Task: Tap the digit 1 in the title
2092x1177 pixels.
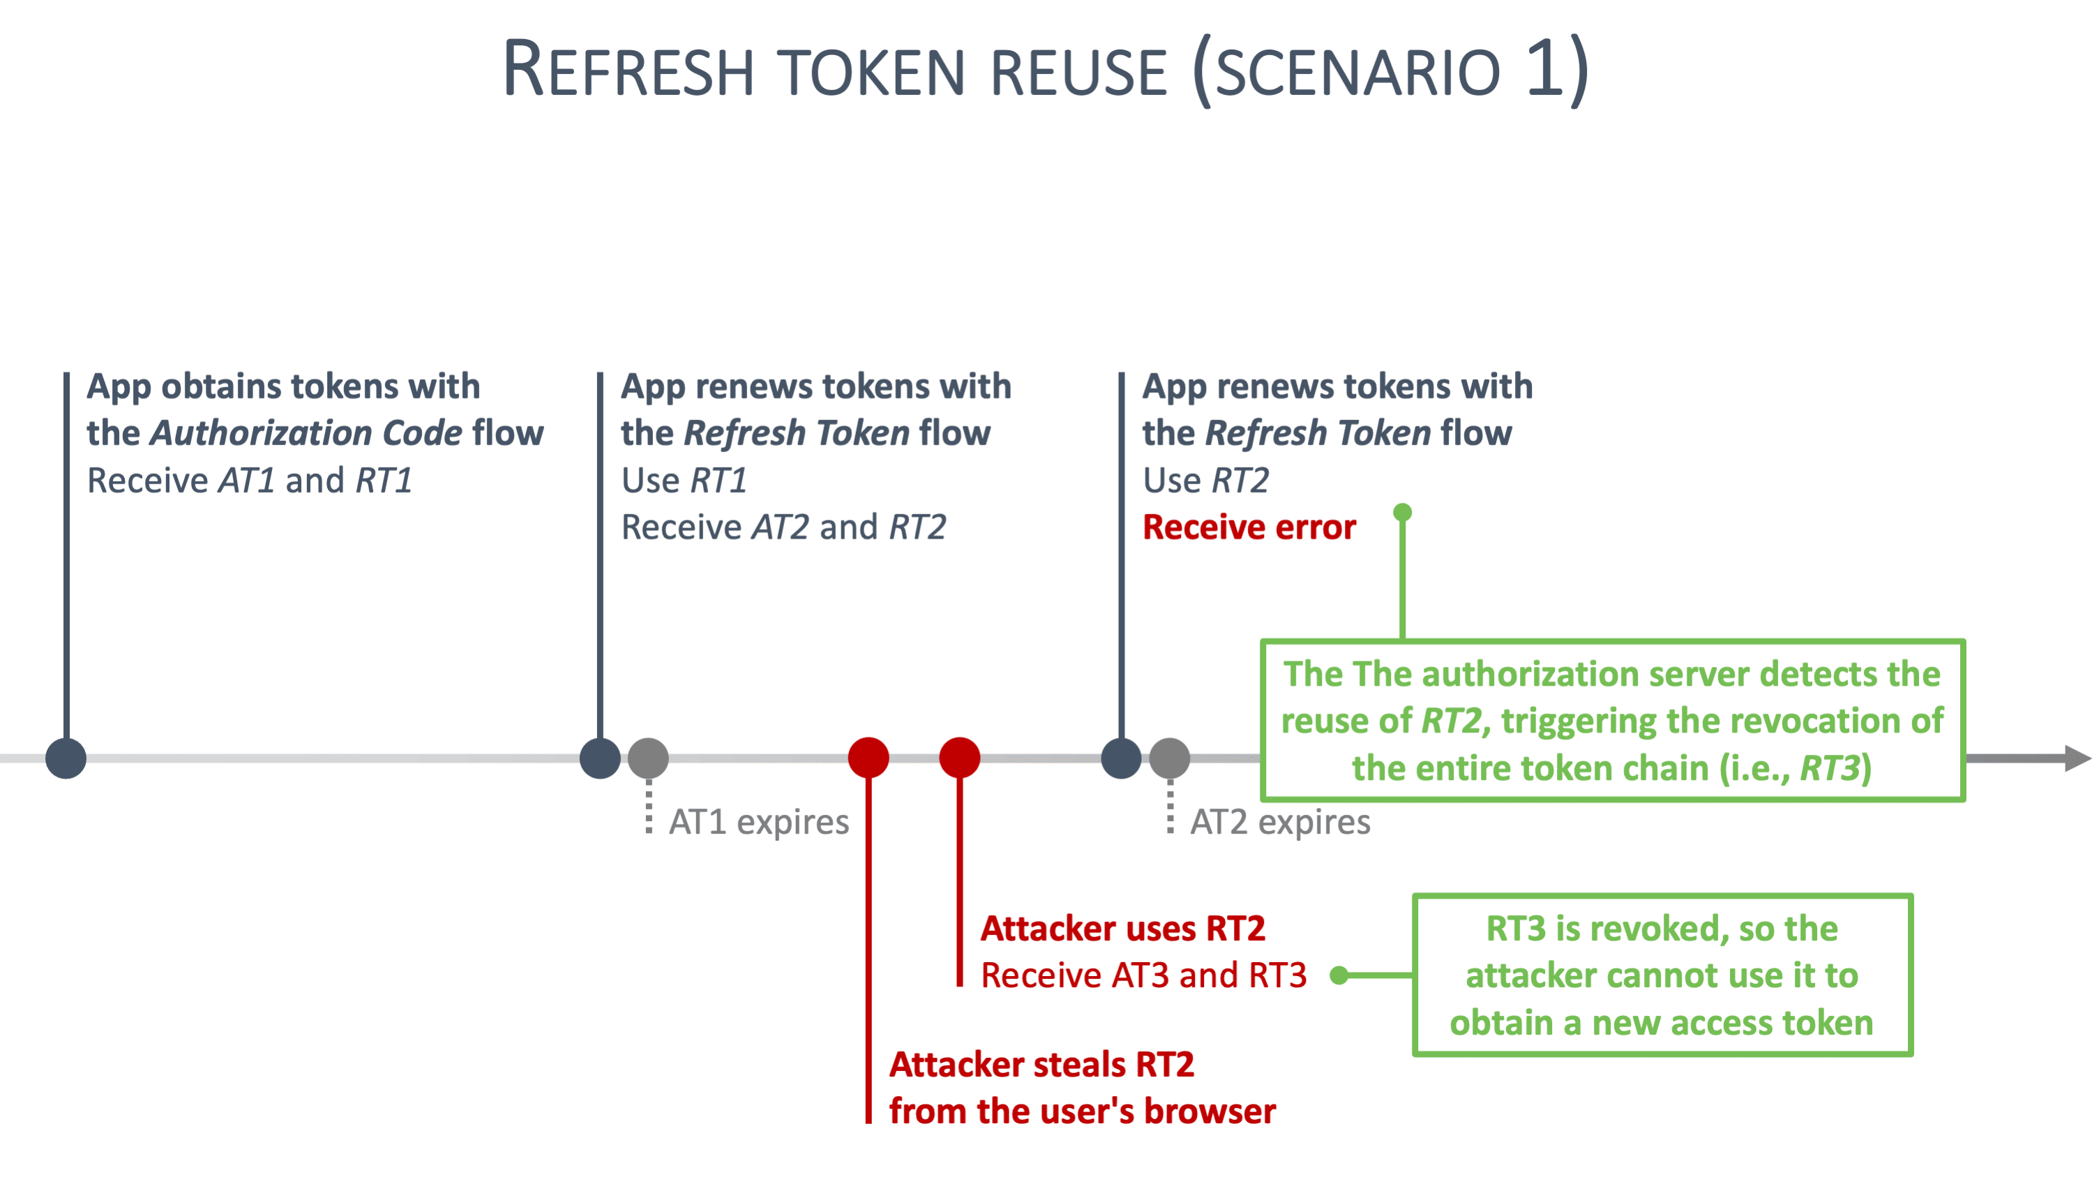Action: [x=1544, y=68]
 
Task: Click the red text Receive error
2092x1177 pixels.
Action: [x=1249, y=527]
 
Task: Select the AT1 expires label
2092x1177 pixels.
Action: [x=758, y=822]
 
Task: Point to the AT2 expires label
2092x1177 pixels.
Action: [x=1280, y=822]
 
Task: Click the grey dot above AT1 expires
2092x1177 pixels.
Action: [x=648, y=758]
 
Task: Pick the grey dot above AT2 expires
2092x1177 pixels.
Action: [x=1169, y=758]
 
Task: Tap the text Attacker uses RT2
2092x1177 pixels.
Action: [x=1122, y=929]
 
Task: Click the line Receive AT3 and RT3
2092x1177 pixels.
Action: [x=1143, y=975]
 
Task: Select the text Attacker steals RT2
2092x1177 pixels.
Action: [x=1041, y=1064]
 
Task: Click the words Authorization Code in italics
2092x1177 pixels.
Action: [x=306, y=433]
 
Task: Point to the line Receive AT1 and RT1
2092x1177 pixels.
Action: [x=249, y=480]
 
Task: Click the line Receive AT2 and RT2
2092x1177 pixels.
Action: [x=783, y=527]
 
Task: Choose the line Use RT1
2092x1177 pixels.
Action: [x=684, y=480]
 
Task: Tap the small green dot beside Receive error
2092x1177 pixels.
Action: [x=1403, y=513]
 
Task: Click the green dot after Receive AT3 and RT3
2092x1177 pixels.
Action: [x=1339, y=975]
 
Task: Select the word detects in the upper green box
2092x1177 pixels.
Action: [x=1817, y=674]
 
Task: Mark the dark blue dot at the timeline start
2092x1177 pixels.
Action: [x=66, y=758]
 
